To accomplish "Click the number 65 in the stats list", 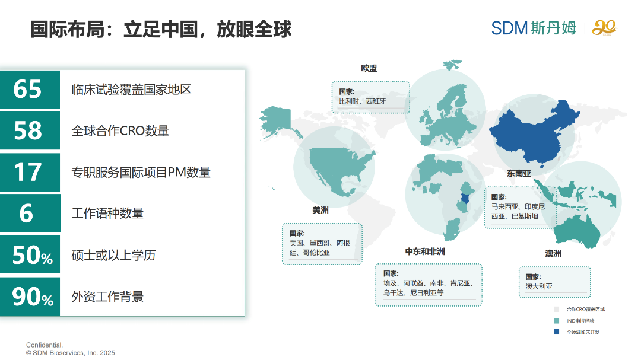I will point(28,90).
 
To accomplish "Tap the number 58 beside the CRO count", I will point(28,130).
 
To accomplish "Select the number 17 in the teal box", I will point(28,172).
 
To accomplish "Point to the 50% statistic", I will point(32,255).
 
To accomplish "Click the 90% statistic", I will point(32,297).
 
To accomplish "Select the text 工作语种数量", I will point(107,214).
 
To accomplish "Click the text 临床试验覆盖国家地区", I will point(131,90).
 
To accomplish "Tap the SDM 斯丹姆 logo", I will point(534,28).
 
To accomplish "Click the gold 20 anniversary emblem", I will point(604,28).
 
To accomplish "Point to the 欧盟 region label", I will point(369,68).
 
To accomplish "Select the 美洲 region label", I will point(320,210).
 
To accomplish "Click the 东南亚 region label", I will point(519,174).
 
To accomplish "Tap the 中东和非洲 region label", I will point(425,251).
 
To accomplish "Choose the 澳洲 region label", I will point(553,254).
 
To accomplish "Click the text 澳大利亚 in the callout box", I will point(539,286).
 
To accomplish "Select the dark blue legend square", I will point(556,332).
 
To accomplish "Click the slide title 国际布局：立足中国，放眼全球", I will point(161,29).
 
